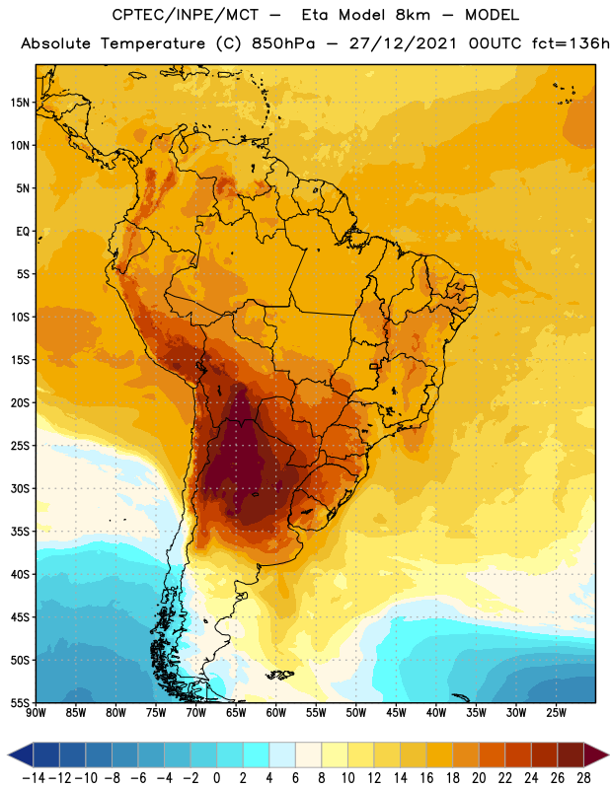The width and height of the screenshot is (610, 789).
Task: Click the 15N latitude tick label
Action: click(x=20, y=103)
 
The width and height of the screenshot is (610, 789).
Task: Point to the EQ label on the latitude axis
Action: click(x=23, y=232)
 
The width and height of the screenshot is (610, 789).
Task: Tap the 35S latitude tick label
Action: click(x=20, y=532)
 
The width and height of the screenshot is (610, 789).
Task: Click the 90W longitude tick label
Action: click(x=36, y=713)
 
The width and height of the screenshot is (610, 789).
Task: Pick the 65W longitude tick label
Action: click(x=236, y=713)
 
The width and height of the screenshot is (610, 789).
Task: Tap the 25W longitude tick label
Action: click(x=556, y=713)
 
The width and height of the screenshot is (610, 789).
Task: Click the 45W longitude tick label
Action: click(x=396, y=713)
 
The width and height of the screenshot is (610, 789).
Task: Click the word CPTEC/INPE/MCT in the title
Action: click(x=186, y=15)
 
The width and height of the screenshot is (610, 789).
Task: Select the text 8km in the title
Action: click(x=413, y=15)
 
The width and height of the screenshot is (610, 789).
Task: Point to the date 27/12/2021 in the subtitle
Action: click(x=403, y=43)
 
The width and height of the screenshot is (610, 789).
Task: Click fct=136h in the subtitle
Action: click(x=571, y=43)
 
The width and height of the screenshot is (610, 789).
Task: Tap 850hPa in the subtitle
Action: click(x=283, y=43)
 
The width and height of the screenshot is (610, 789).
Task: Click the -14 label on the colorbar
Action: click(x=34, y=778)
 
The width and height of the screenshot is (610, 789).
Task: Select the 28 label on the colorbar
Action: click(x=583, y=778)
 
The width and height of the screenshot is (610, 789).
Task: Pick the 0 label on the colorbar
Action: click(x=217, y=778)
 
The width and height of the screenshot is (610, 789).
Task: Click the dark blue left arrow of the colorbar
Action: click(x=21, y=754)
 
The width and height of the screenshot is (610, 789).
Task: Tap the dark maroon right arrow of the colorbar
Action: click(x=597, y=754)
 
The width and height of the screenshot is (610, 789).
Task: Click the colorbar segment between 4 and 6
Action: click(x=282, y=754)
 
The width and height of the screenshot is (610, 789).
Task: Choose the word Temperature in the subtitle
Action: click(x=153, y=43)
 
